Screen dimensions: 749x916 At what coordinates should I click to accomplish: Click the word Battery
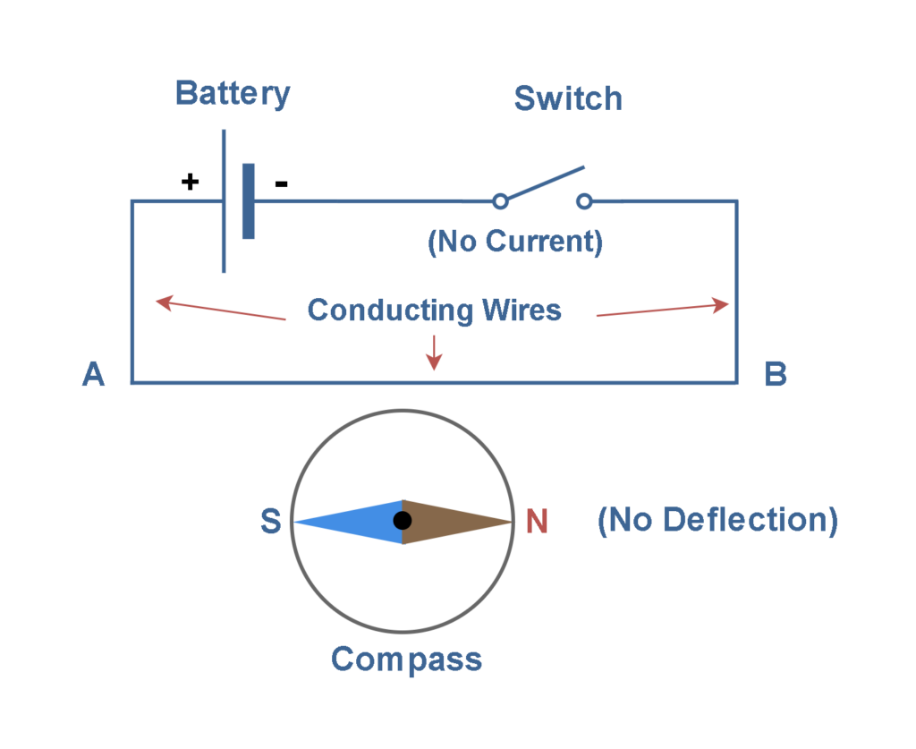pos(233,94)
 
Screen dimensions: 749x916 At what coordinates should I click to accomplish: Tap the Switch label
pos(568,98)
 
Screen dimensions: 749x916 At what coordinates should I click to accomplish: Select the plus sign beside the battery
pos(190,182)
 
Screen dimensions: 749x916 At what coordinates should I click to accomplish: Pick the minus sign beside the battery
pos(281,183)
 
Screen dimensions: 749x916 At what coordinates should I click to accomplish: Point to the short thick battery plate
pos(248,201)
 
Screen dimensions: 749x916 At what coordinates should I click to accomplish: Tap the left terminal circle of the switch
pos(501,201)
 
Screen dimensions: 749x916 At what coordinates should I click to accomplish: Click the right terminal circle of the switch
pos(585,201)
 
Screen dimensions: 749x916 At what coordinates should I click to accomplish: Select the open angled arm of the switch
pos(544,183)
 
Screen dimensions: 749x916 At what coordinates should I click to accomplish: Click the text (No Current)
pos(515,242)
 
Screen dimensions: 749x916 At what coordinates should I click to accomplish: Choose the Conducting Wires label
pos(434,311)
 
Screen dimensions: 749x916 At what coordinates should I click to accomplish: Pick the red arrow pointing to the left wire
pos(219,310)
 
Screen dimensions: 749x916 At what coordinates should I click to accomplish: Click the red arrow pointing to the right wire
pos(662,310)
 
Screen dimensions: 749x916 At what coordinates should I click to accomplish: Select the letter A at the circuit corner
pos(94,375)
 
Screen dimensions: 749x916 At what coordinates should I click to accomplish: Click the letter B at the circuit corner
pos(775,375)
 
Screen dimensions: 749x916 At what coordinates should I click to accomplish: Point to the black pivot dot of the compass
pos(403,520)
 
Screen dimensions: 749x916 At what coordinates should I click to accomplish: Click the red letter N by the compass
pos(537,522)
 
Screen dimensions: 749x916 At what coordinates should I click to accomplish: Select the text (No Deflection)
pos(717,520)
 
